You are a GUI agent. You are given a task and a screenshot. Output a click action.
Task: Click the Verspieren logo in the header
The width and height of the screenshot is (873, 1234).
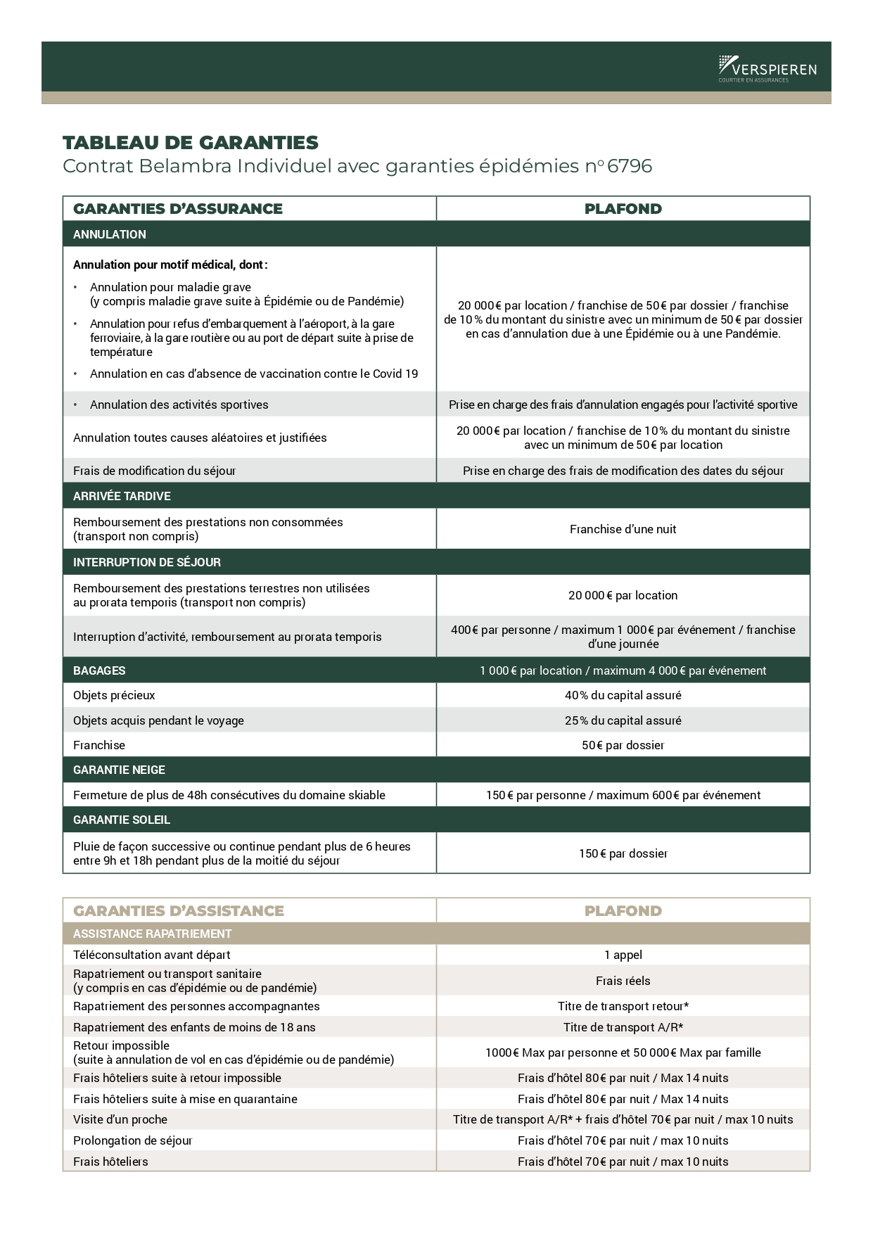pyautogui.click(x=767, y=68)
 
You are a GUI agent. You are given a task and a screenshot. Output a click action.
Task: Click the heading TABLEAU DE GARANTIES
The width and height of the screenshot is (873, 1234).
pyautogui.click(x=191, y=143)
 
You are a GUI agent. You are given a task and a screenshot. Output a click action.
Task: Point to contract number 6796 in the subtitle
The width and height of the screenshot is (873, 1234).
pyautogui.click(x=630, y=166)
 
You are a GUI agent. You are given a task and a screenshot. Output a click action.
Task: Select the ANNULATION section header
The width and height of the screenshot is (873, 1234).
pyautogui.click(x=110, y=234)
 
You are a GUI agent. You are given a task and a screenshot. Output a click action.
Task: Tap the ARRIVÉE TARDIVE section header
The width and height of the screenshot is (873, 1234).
pyautogui.click(x=122, y=496)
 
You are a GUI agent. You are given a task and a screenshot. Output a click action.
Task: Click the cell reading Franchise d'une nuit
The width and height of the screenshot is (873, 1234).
pyautogui.click(x=623, y=529)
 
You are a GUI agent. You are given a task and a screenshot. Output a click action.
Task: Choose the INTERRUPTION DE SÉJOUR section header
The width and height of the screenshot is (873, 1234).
pyautogui.click(x=146, y=562)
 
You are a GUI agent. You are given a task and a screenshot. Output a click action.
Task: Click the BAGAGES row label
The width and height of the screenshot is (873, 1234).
pyautogui.click(x=99, y=670)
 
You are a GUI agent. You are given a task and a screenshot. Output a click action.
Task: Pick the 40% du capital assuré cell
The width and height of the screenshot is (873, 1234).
pyautogui.click(x=623, y=695)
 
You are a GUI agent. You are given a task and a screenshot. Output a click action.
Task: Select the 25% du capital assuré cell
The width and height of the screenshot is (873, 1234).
pyautogui.click(x=623, y=720)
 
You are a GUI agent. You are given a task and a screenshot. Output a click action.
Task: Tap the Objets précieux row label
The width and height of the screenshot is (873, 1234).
pyautogui.click(x=114, y=695)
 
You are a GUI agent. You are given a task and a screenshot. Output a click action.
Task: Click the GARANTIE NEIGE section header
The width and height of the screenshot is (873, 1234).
pyautogui.click(x=119, y=770)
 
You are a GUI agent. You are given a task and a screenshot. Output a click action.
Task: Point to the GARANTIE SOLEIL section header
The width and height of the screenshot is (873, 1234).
pyautogui.click(x=122, y=820)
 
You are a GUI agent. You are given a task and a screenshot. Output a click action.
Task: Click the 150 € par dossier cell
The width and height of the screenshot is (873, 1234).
pyautogui.click(x=623, y=853)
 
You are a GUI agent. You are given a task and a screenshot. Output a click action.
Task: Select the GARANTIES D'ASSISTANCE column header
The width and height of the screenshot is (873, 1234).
pyautogui.click(x=179, y=910)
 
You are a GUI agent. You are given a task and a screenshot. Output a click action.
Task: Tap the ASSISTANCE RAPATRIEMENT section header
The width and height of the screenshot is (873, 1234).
pyautogui.click(x=152, y=934)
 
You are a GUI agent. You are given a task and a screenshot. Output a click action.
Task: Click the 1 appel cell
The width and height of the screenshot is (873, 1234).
pyautogui.click(x=623, y=955)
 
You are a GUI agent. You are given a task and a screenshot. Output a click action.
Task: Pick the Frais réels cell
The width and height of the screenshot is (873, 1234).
pyautogui.click(x=623, y=981)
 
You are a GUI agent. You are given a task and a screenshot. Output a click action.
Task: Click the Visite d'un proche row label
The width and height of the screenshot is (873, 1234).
pyautogui.click(x=120, y=1119)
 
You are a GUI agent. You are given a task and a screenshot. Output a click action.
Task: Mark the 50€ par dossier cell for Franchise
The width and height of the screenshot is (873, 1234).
pyautogui.click(x=623, y=745)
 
